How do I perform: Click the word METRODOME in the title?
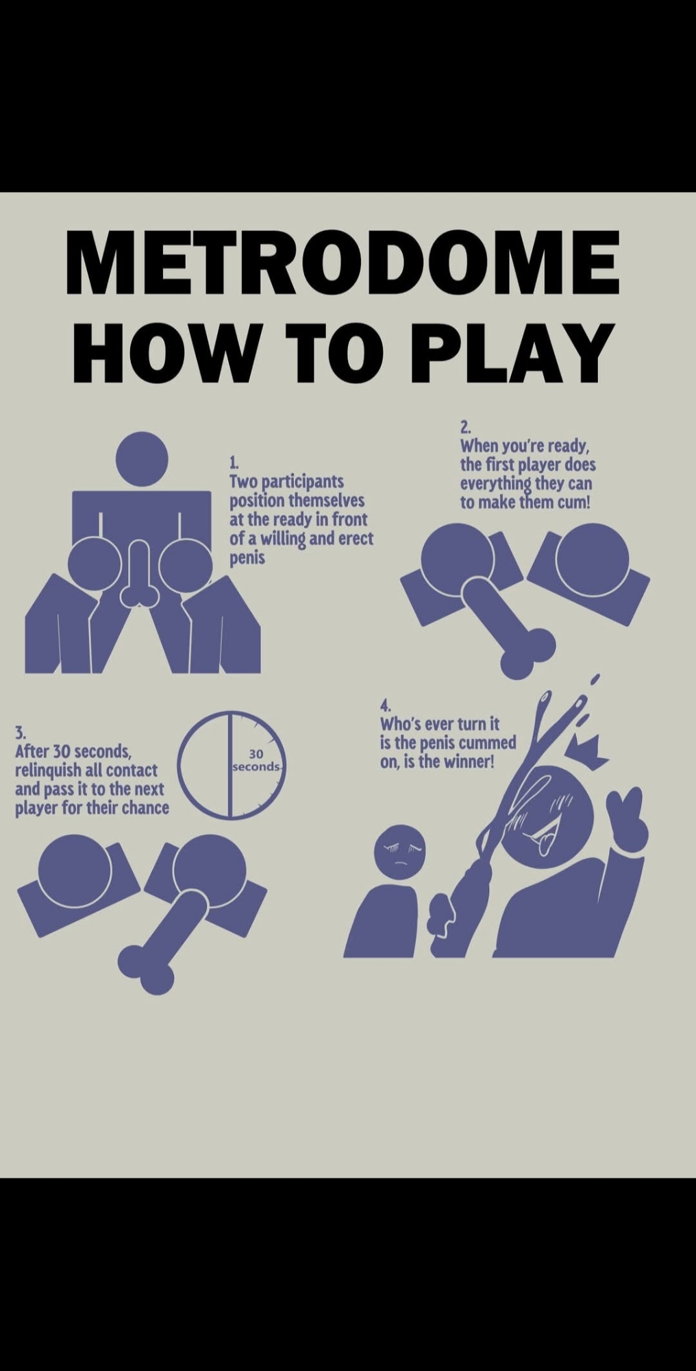343,261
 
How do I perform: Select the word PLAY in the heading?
512,352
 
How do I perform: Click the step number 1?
233,461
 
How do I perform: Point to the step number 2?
465,428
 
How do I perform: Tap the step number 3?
21,731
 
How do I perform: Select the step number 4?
386,705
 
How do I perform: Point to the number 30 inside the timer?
256,754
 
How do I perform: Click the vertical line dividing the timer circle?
229,764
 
